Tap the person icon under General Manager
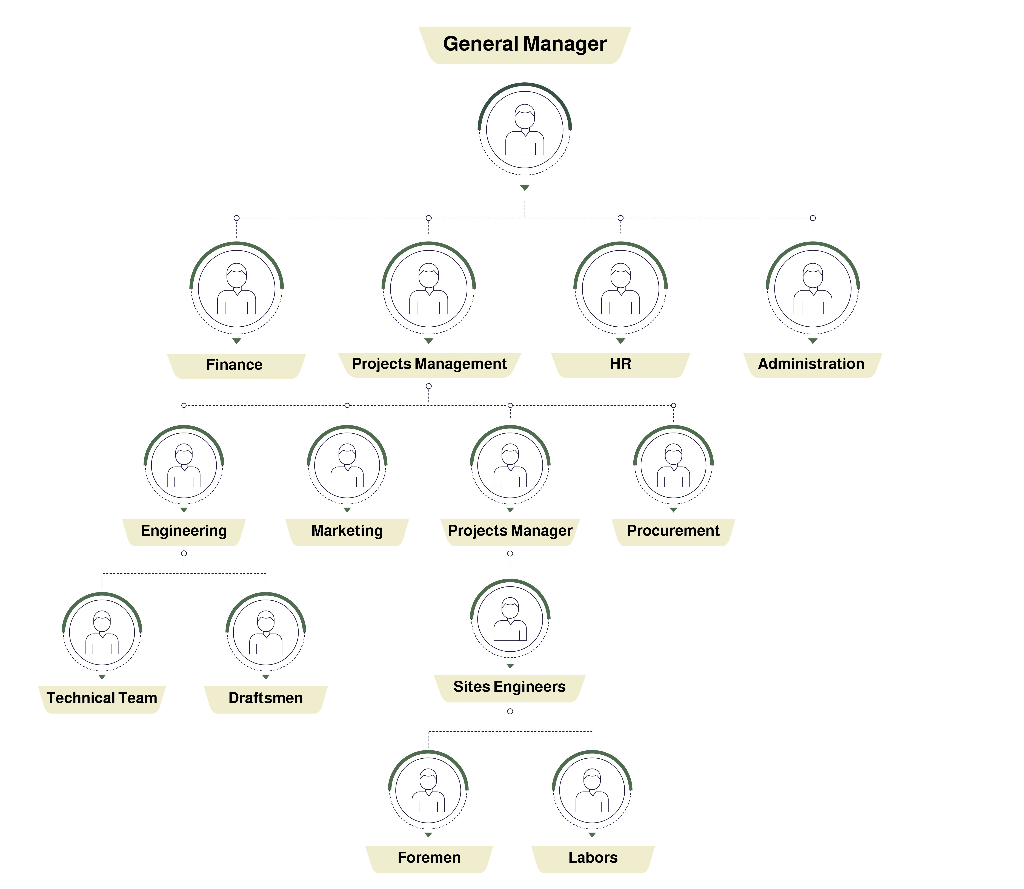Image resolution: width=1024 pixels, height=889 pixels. [525, 130]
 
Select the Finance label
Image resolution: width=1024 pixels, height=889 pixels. [234, 365]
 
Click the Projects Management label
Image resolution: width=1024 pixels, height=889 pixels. [429, 364]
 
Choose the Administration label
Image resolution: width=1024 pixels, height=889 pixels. [811, 364]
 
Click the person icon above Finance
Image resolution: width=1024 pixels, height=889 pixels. [237, 289]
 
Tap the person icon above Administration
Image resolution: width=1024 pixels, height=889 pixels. [813, 289]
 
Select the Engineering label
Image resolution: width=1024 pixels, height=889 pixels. [184, 531]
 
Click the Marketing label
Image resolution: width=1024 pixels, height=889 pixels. [347, 531]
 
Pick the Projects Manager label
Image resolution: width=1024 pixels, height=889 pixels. [510, 531]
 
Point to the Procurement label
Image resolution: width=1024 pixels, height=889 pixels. [673, 531]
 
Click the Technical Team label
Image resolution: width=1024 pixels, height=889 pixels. [102, 698]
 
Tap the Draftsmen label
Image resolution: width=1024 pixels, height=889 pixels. [265, 698]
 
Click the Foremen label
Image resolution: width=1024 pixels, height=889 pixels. [429, 858]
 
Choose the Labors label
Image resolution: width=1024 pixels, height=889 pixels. [593, 858]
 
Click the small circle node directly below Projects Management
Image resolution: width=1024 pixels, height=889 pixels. [429, 386]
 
